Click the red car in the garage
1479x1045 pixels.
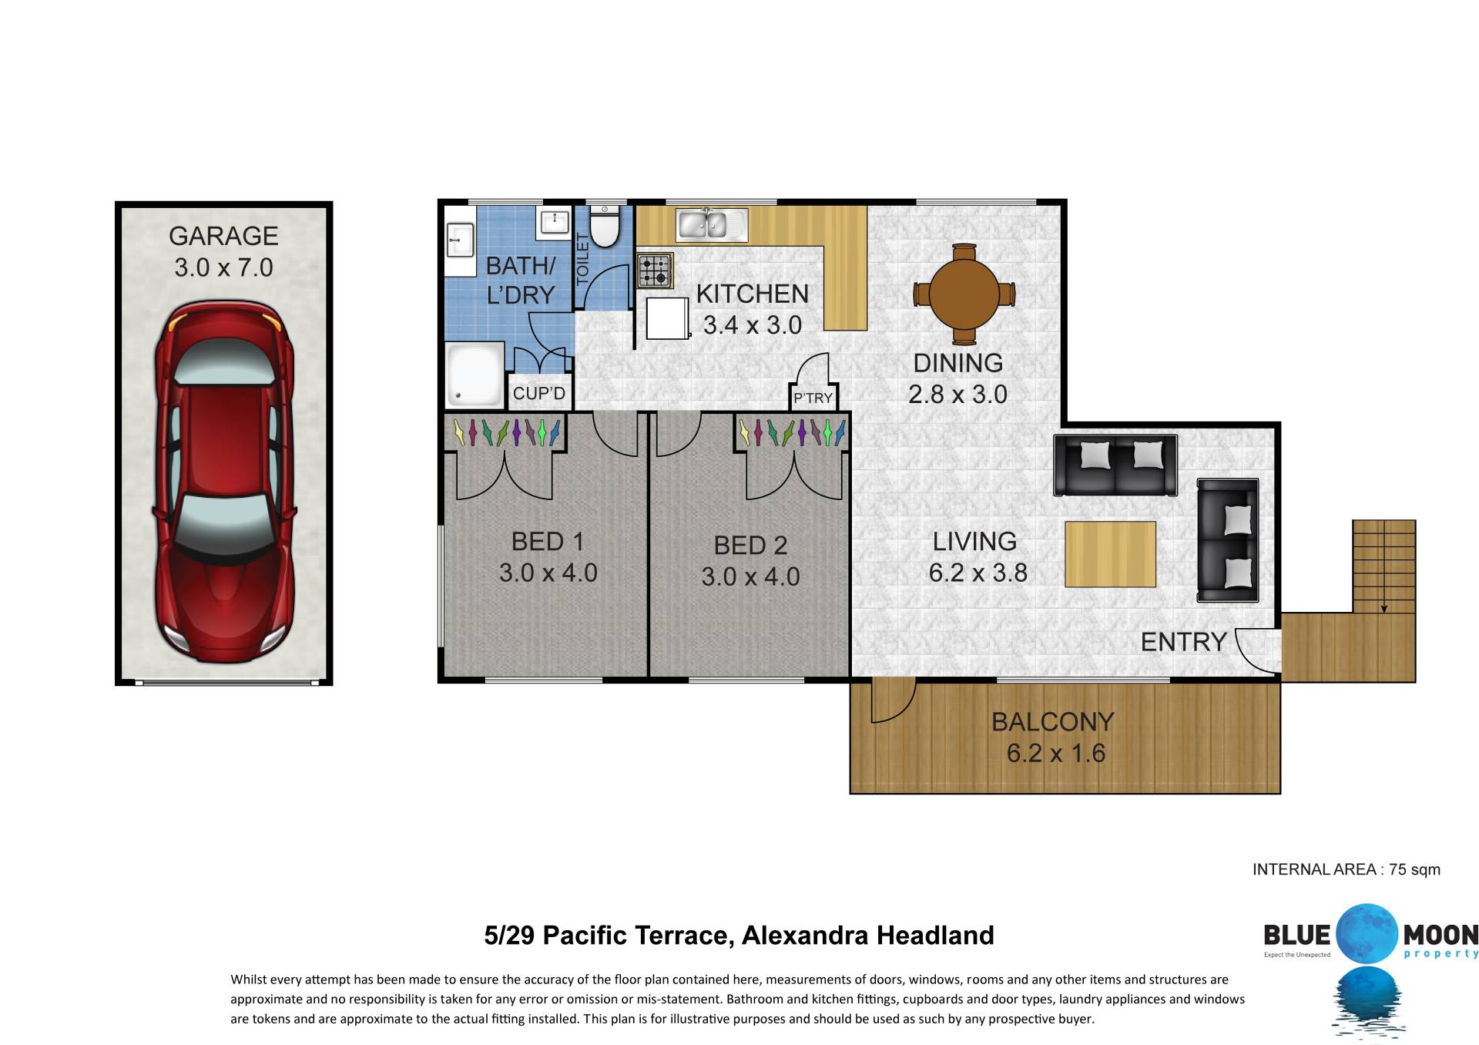click(x=224, y=482)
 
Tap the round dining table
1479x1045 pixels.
click(x=964, y=294)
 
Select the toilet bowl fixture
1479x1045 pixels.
click(x=605, y=226)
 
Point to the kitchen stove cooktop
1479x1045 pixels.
click(x=656, y=270)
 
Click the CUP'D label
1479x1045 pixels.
click(x=539, y=394)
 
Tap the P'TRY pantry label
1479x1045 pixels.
click(x=813, y=398)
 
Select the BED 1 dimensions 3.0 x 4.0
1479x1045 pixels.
click(x=548, y=573)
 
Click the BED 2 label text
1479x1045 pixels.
click(x=750, y=545)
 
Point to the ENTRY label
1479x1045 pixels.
click(x=1183, y=642)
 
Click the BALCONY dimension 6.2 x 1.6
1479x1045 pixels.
click(x=1056, y=753)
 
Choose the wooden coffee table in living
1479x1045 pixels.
click(x=1111, y=554)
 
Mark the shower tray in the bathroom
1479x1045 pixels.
click(x=475, y=375)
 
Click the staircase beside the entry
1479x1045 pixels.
click(x=1384, y=566)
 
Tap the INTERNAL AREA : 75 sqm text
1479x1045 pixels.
click(x=1347, y=869)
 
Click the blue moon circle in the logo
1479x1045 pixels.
click(x=1367, y=933)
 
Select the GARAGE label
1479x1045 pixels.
click(x=223, y=236)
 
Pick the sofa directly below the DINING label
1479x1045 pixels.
click(x=1115, y=465)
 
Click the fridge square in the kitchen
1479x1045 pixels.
click(x=667, y=318)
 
